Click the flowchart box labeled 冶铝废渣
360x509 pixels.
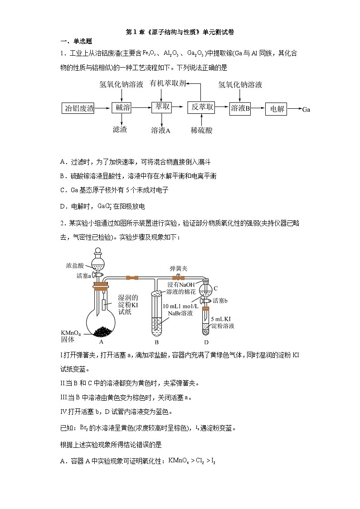coord(79,108)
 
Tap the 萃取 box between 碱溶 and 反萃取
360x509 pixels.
coord(162,107)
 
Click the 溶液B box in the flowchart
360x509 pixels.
coord(240,108)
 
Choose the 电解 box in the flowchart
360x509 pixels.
coord(277,109)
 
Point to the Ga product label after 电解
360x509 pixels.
coord(306,109)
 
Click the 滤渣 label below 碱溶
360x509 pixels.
coord(120,130)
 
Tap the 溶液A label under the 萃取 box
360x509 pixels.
coord(161,131)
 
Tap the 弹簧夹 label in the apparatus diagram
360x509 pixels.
coord(177,268)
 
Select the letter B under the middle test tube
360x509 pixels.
coord(156,342)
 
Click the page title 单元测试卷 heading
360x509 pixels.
coord(180,32)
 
